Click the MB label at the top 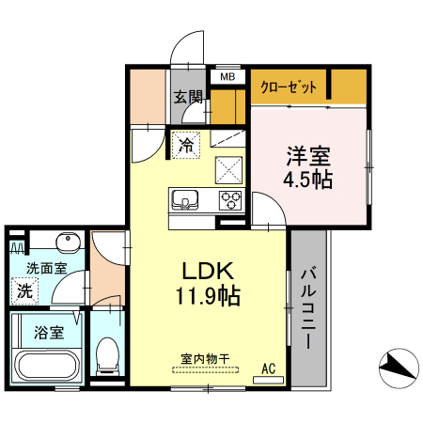[227, 76]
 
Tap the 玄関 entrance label [188, 96]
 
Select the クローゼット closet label [289, 86]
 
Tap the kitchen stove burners [229, 199]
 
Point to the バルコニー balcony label [309, 309]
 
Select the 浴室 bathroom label [49, 332]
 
